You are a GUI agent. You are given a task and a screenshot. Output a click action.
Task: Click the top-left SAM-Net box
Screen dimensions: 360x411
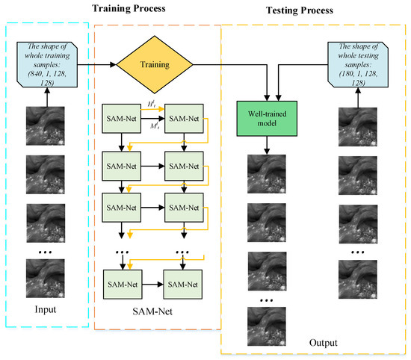(x=123, y=118)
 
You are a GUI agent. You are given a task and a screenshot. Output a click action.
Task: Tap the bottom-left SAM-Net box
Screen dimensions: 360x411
(x=123, y=285)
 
